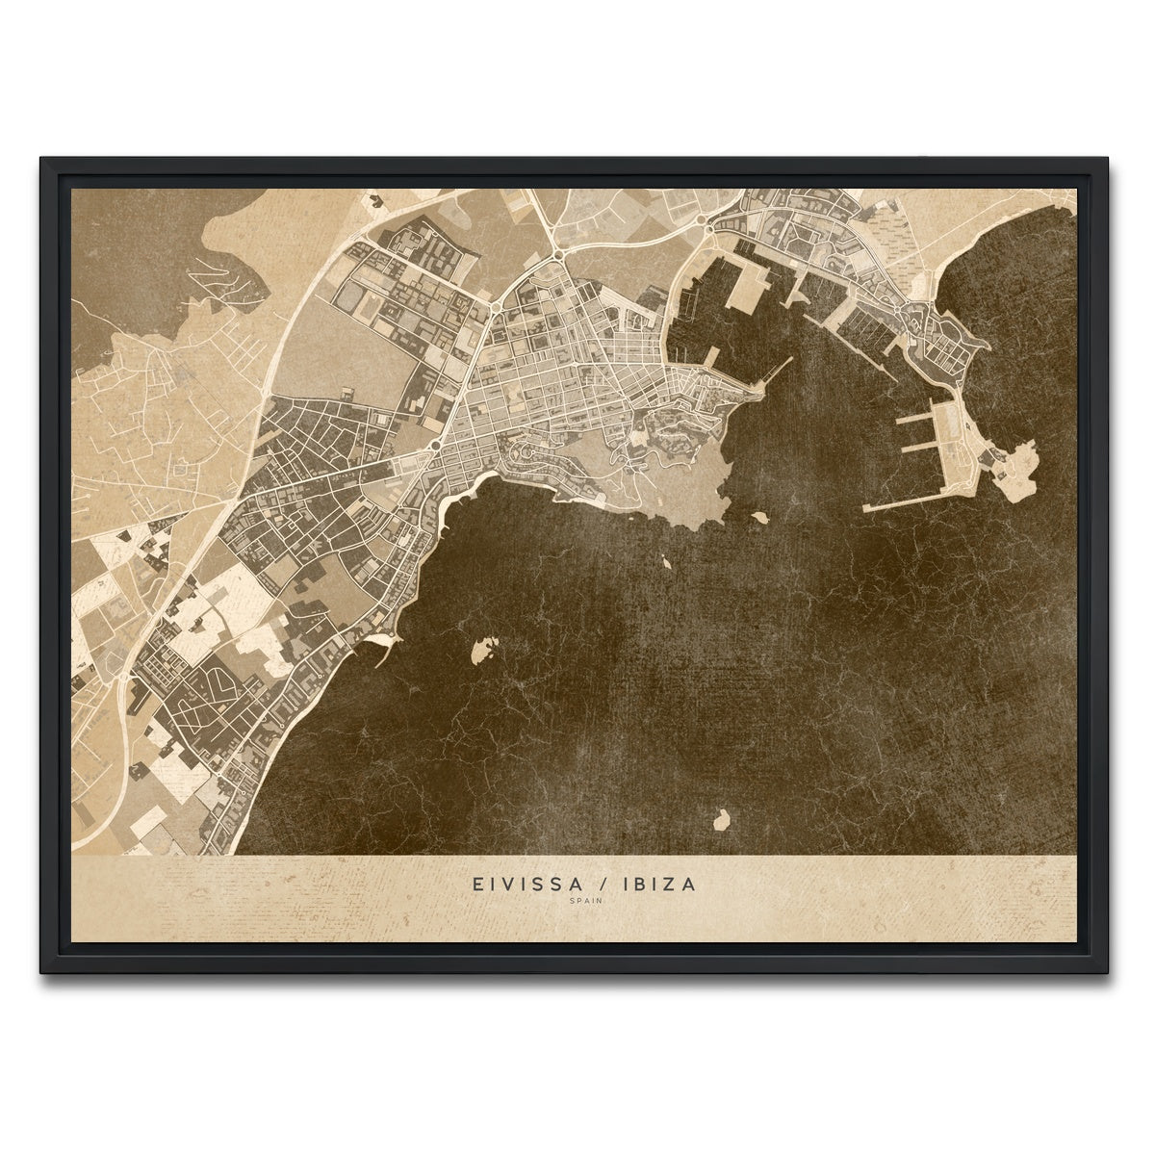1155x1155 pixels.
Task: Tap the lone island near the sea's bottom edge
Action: click(x=718, y=821)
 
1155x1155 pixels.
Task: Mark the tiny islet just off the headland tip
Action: click(x=759, y=517)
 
